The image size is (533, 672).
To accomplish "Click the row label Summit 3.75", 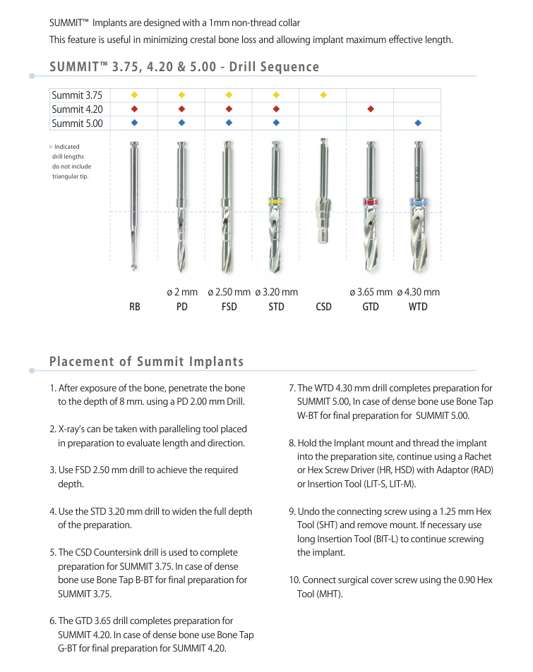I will click(x=77, y=95).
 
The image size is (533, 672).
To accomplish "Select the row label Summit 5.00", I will click(x=77, y=123).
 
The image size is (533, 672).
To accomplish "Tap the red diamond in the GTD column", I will click(x=371, y=109).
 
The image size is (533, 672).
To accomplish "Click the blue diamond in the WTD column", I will click(x=418, y=123).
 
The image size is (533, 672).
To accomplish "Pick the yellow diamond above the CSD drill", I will click(x=323, y=94).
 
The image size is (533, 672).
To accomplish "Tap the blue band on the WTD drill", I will click(x=417, y=203).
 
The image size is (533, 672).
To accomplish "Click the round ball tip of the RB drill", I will click(x=134, y=267).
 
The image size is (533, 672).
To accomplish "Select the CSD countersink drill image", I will click(x=323, y=212).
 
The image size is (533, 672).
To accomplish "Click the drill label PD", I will click(x=181, y=307).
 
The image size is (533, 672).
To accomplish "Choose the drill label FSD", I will click(x=229, y=307).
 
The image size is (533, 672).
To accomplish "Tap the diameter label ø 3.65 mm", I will click(x=371, y=292).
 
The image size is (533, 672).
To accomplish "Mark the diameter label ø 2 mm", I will click(x=182, y=292).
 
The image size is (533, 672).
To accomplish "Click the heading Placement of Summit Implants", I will click(x=146, y=362).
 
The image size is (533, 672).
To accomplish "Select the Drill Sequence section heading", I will click(x=184, y=67).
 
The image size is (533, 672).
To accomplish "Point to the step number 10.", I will click(x=294, y=580).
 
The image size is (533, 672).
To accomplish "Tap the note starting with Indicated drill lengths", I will click(x=71, y=161).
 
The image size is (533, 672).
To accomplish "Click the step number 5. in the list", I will click(x=53, y=552).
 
